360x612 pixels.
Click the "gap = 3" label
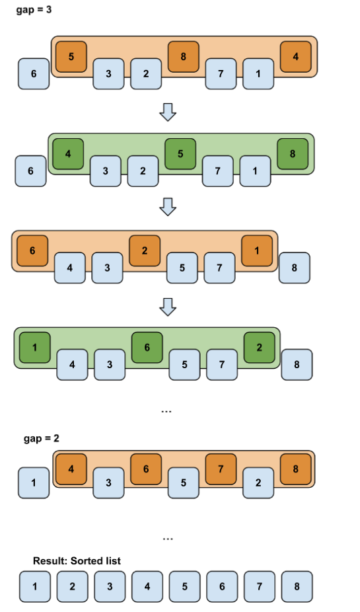[x=34, y=10]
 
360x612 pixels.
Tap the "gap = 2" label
[x=42, y=438]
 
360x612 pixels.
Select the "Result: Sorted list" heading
[x=77, y=561]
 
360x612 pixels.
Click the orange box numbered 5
[x=71, y=57]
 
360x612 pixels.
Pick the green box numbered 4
[x=68, y=154]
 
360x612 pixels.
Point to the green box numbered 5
[x=180, y=154]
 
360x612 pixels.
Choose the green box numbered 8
[x=293, y=154]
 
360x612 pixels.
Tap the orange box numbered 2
[x=145, y=250]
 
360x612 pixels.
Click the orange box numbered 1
[x=257, y=250]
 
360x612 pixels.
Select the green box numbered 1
[x=35, y=348]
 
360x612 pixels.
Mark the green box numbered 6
[x=147, y=348]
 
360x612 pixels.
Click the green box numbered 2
[x=260, y=348]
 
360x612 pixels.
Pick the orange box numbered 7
[x=221, y=469]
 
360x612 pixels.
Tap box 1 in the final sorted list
[x=35, y=586]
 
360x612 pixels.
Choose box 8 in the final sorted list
[x=297, y=586]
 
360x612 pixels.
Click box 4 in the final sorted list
[x=147, y=586]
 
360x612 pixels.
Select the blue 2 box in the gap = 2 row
[x=258, y=483]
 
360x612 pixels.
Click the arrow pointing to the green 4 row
[x=168, y=112]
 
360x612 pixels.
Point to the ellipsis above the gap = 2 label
[x=166, y=411]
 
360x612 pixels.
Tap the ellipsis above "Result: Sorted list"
[x=168, y=539]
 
